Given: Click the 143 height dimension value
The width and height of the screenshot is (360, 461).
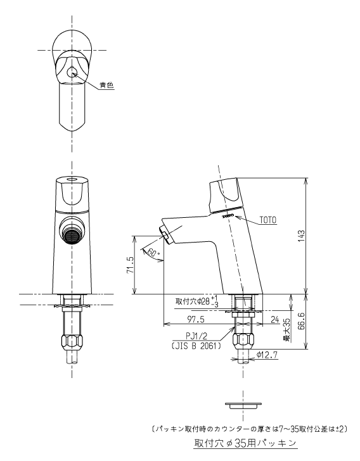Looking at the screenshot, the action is tap(301, 236).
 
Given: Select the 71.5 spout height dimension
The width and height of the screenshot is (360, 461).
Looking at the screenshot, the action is tap(131, 265).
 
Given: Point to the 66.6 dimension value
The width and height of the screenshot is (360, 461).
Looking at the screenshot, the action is tap(301, 321).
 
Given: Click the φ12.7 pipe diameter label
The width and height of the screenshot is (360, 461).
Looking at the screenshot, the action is tap(267, 355).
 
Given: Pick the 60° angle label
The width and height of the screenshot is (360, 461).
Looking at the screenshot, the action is tap(153, 252).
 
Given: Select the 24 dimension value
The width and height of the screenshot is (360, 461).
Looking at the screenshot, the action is tap(274, 319).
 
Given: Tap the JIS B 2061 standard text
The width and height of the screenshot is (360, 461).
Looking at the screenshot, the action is tap(196, 346).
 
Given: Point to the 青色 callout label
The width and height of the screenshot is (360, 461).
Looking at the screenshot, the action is tap(106, 85).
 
